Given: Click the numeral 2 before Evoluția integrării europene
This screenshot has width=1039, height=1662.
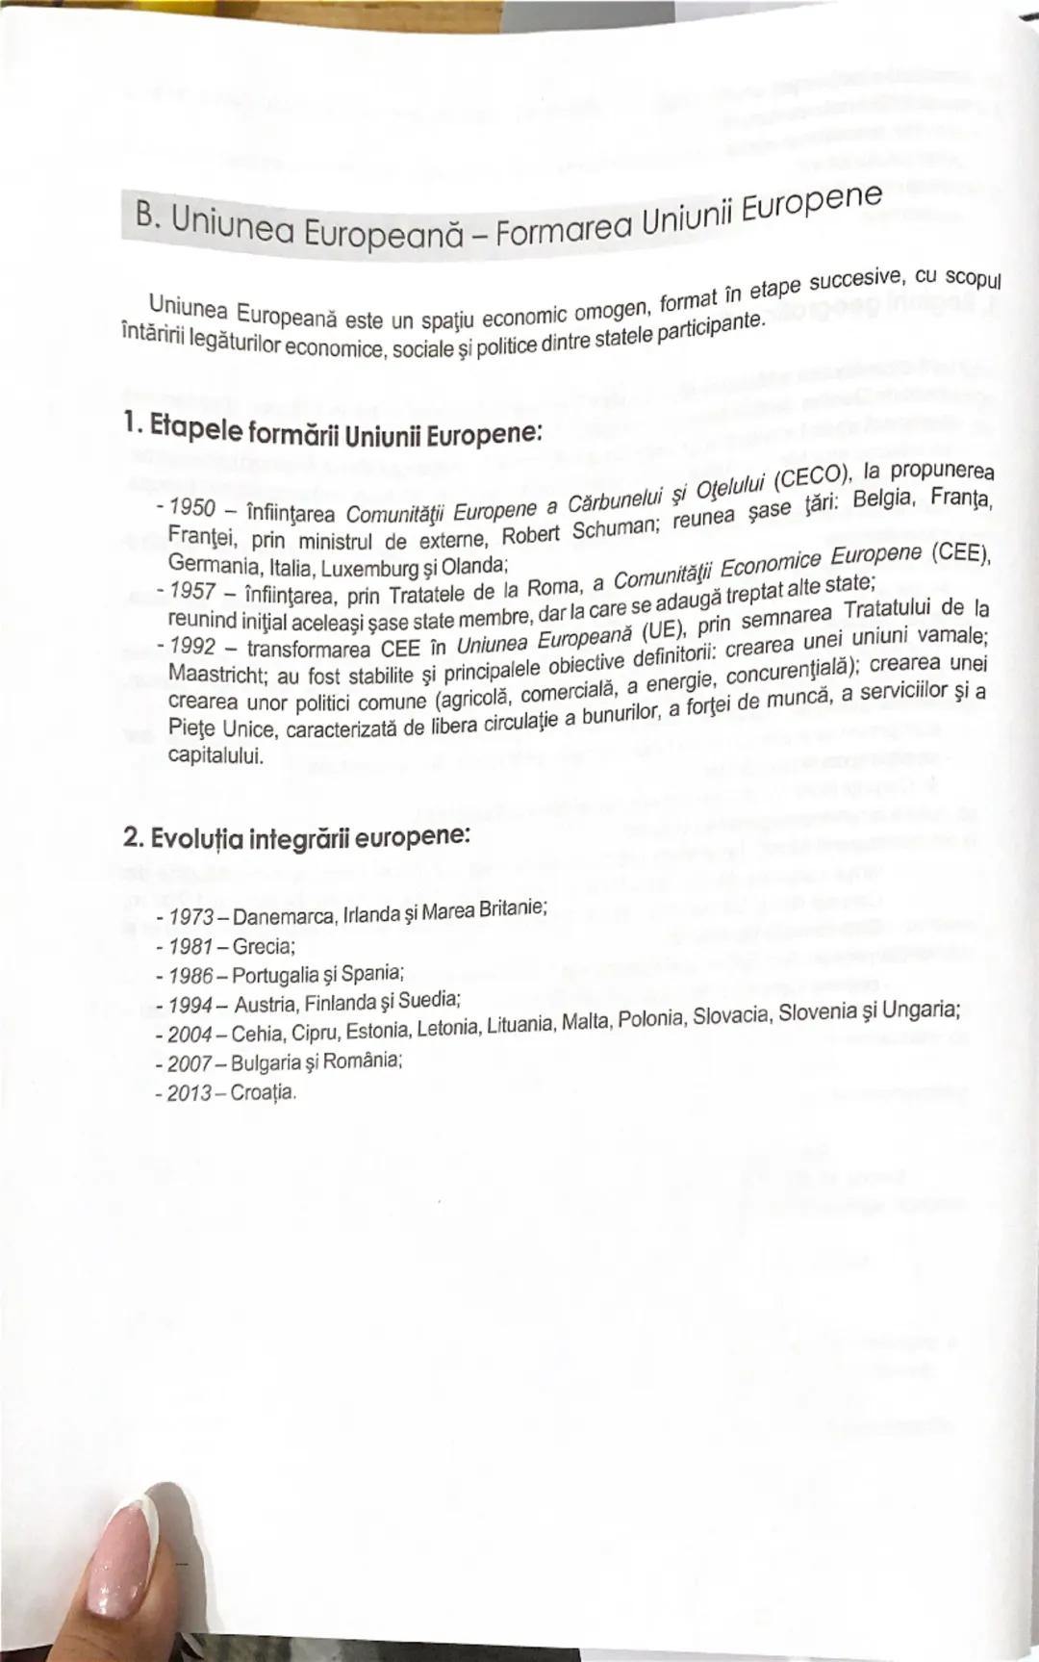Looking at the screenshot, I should click(x=131, y=837).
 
